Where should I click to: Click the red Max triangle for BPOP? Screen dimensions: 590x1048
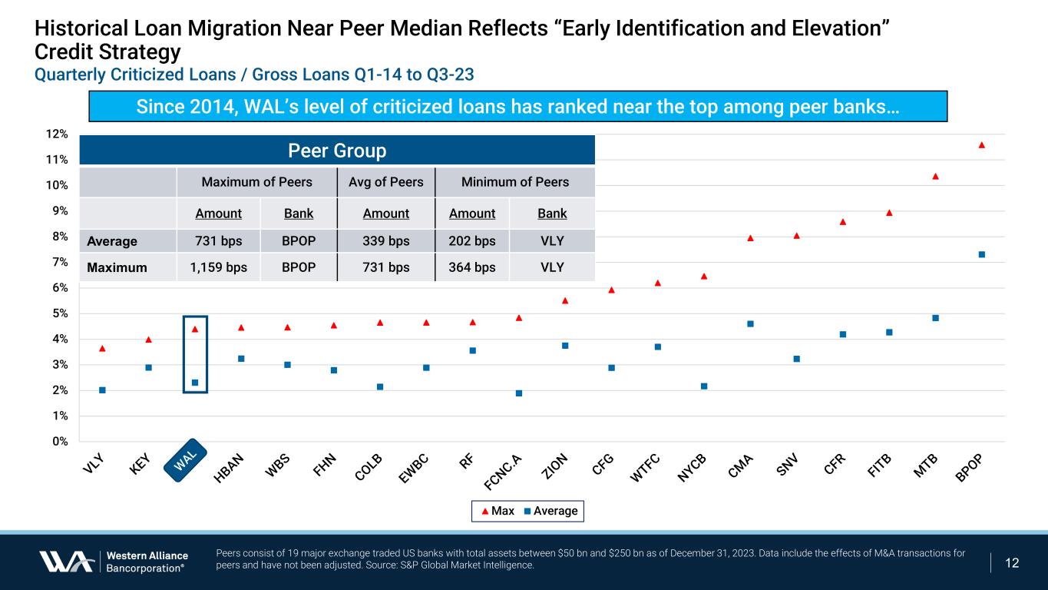pos(981,144)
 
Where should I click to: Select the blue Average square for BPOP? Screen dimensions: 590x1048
pos(981,254)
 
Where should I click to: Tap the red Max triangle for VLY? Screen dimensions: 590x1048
pos(102,349)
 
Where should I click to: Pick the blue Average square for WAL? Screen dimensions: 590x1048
pos(195,383)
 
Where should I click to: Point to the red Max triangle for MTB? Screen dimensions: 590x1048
pos(935,176)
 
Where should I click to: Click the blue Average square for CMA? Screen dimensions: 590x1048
pos(750,323)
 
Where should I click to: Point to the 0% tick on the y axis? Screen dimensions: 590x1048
pos(58,441)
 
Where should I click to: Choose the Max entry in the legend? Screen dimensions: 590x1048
pos(497,511)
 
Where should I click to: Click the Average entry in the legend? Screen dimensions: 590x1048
pos(550,511)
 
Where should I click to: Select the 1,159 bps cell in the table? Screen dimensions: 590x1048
pos(219,267)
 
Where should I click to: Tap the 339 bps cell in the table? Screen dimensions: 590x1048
pos(385,241)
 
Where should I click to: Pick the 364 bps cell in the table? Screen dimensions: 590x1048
pos(472,267)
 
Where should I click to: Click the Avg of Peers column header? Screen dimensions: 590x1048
pos(385,182)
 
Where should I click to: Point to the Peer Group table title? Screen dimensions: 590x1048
pos(337,151)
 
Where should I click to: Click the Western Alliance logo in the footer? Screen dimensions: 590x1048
pos(112,562)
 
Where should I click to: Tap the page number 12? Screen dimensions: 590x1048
pos(1012,563)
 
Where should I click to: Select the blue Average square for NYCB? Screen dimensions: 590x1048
pos(704,386)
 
